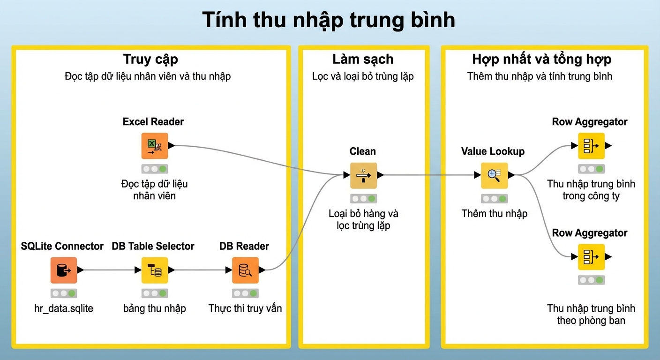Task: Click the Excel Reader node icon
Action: [x=155, y=145]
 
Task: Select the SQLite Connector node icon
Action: [x=64, y=270]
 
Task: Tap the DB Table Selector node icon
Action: [x=155, y=270]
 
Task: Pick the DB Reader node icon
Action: [x=246, y=270]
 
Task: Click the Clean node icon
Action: [x=364, y=175]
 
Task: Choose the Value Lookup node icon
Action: [x=495, y=175]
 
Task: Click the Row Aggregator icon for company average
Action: [x=592, y=145]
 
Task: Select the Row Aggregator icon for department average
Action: [x=592, y=257]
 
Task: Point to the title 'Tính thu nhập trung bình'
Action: [x=329, y=20]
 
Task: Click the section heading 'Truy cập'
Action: [x=150, y=60]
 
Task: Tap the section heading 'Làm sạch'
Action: [x=363, y=60]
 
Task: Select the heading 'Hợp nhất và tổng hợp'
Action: [x=542, y=60]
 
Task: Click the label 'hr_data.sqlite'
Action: [x=64, y=308]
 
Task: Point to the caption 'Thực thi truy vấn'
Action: [x=245, y=308]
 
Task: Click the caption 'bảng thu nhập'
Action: [x=155, y=308]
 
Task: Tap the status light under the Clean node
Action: [x=364, y=199]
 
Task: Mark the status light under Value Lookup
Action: [x=495, y=199]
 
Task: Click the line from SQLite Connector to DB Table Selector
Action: [x=109, y=270]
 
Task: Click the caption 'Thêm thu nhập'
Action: [x=495, y=214]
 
